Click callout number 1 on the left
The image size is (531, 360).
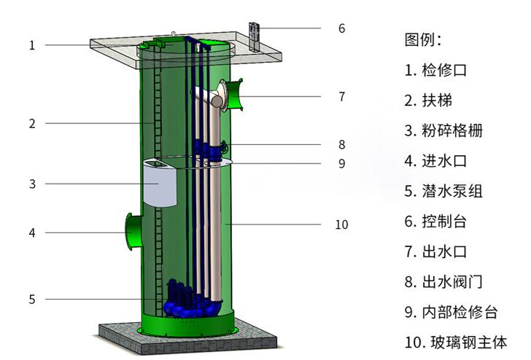click(x=32, y=45)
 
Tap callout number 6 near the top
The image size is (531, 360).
click(x=341, y=28)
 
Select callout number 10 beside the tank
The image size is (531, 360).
click(x=341, y=224)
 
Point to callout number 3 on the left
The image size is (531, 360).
click(x=32, y=184)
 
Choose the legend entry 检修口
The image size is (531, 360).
click(x=444, y=71)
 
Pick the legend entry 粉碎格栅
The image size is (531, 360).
click(x=452, y=130)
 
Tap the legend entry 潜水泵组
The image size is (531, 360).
click(x=452, y=191)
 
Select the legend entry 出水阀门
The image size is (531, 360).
click(x=452, y=282)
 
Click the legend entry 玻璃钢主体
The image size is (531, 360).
click(x=469, y=343)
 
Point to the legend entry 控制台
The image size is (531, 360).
click(x=444, y=222)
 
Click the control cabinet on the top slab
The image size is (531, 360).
click(x=254, y=37)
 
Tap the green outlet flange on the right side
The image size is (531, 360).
click(x=235, y=95)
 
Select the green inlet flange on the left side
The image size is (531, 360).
click(x=133, y=232)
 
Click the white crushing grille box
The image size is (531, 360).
click(x=160, y=183)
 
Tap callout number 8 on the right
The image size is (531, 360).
click(x=341, y=145)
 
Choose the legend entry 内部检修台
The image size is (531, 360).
click(x=460, y=312)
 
